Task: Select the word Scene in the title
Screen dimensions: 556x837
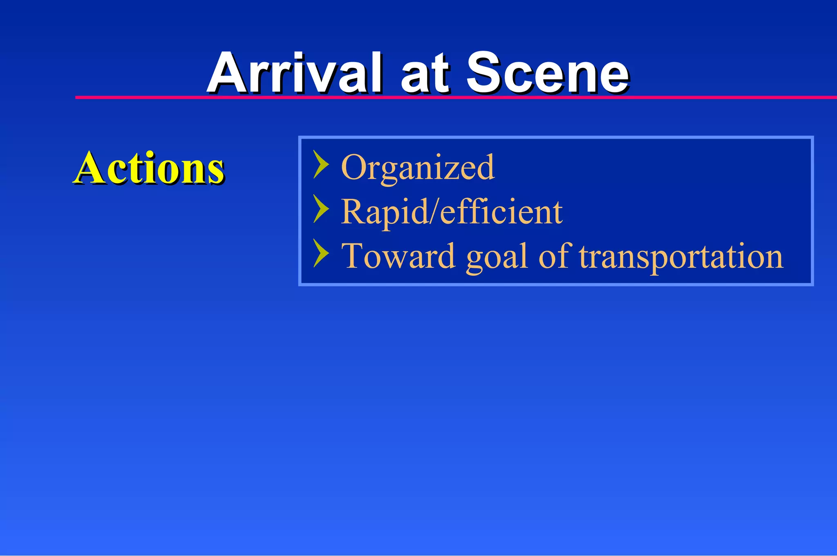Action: [548, 74]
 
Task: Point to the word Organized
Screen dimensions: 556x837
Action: [418, 168]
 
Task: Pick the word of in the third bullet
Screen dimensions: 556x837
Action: [553, 256]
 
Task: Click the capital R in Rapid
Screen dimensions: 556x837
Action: [352, 211]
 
